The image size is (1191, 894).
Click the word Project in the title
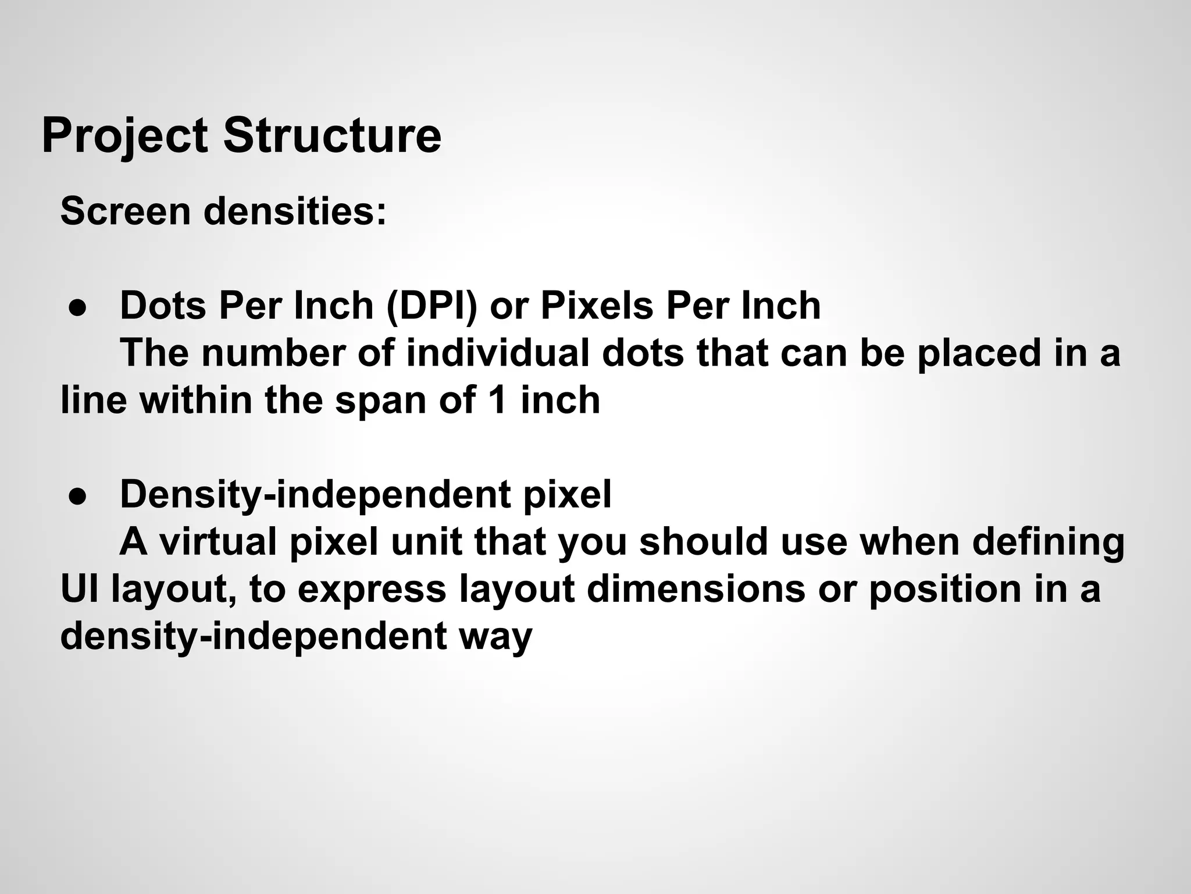pyautogui.click(x=124, y=136)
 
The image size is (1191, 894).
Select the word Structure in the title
pyautogui.click(x=332, y=136)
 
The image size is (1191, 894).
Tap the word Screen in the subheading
pyautogui.click(x=126, y=211)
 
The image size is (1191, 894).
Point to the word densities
pyautogui.click(x=295, y=211)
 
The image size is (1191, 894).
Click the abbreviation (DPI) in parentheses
pyautogui.click(x=431, y=306)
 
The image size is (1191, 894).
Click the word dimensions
pyautogui.click(x=696, y=589)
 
